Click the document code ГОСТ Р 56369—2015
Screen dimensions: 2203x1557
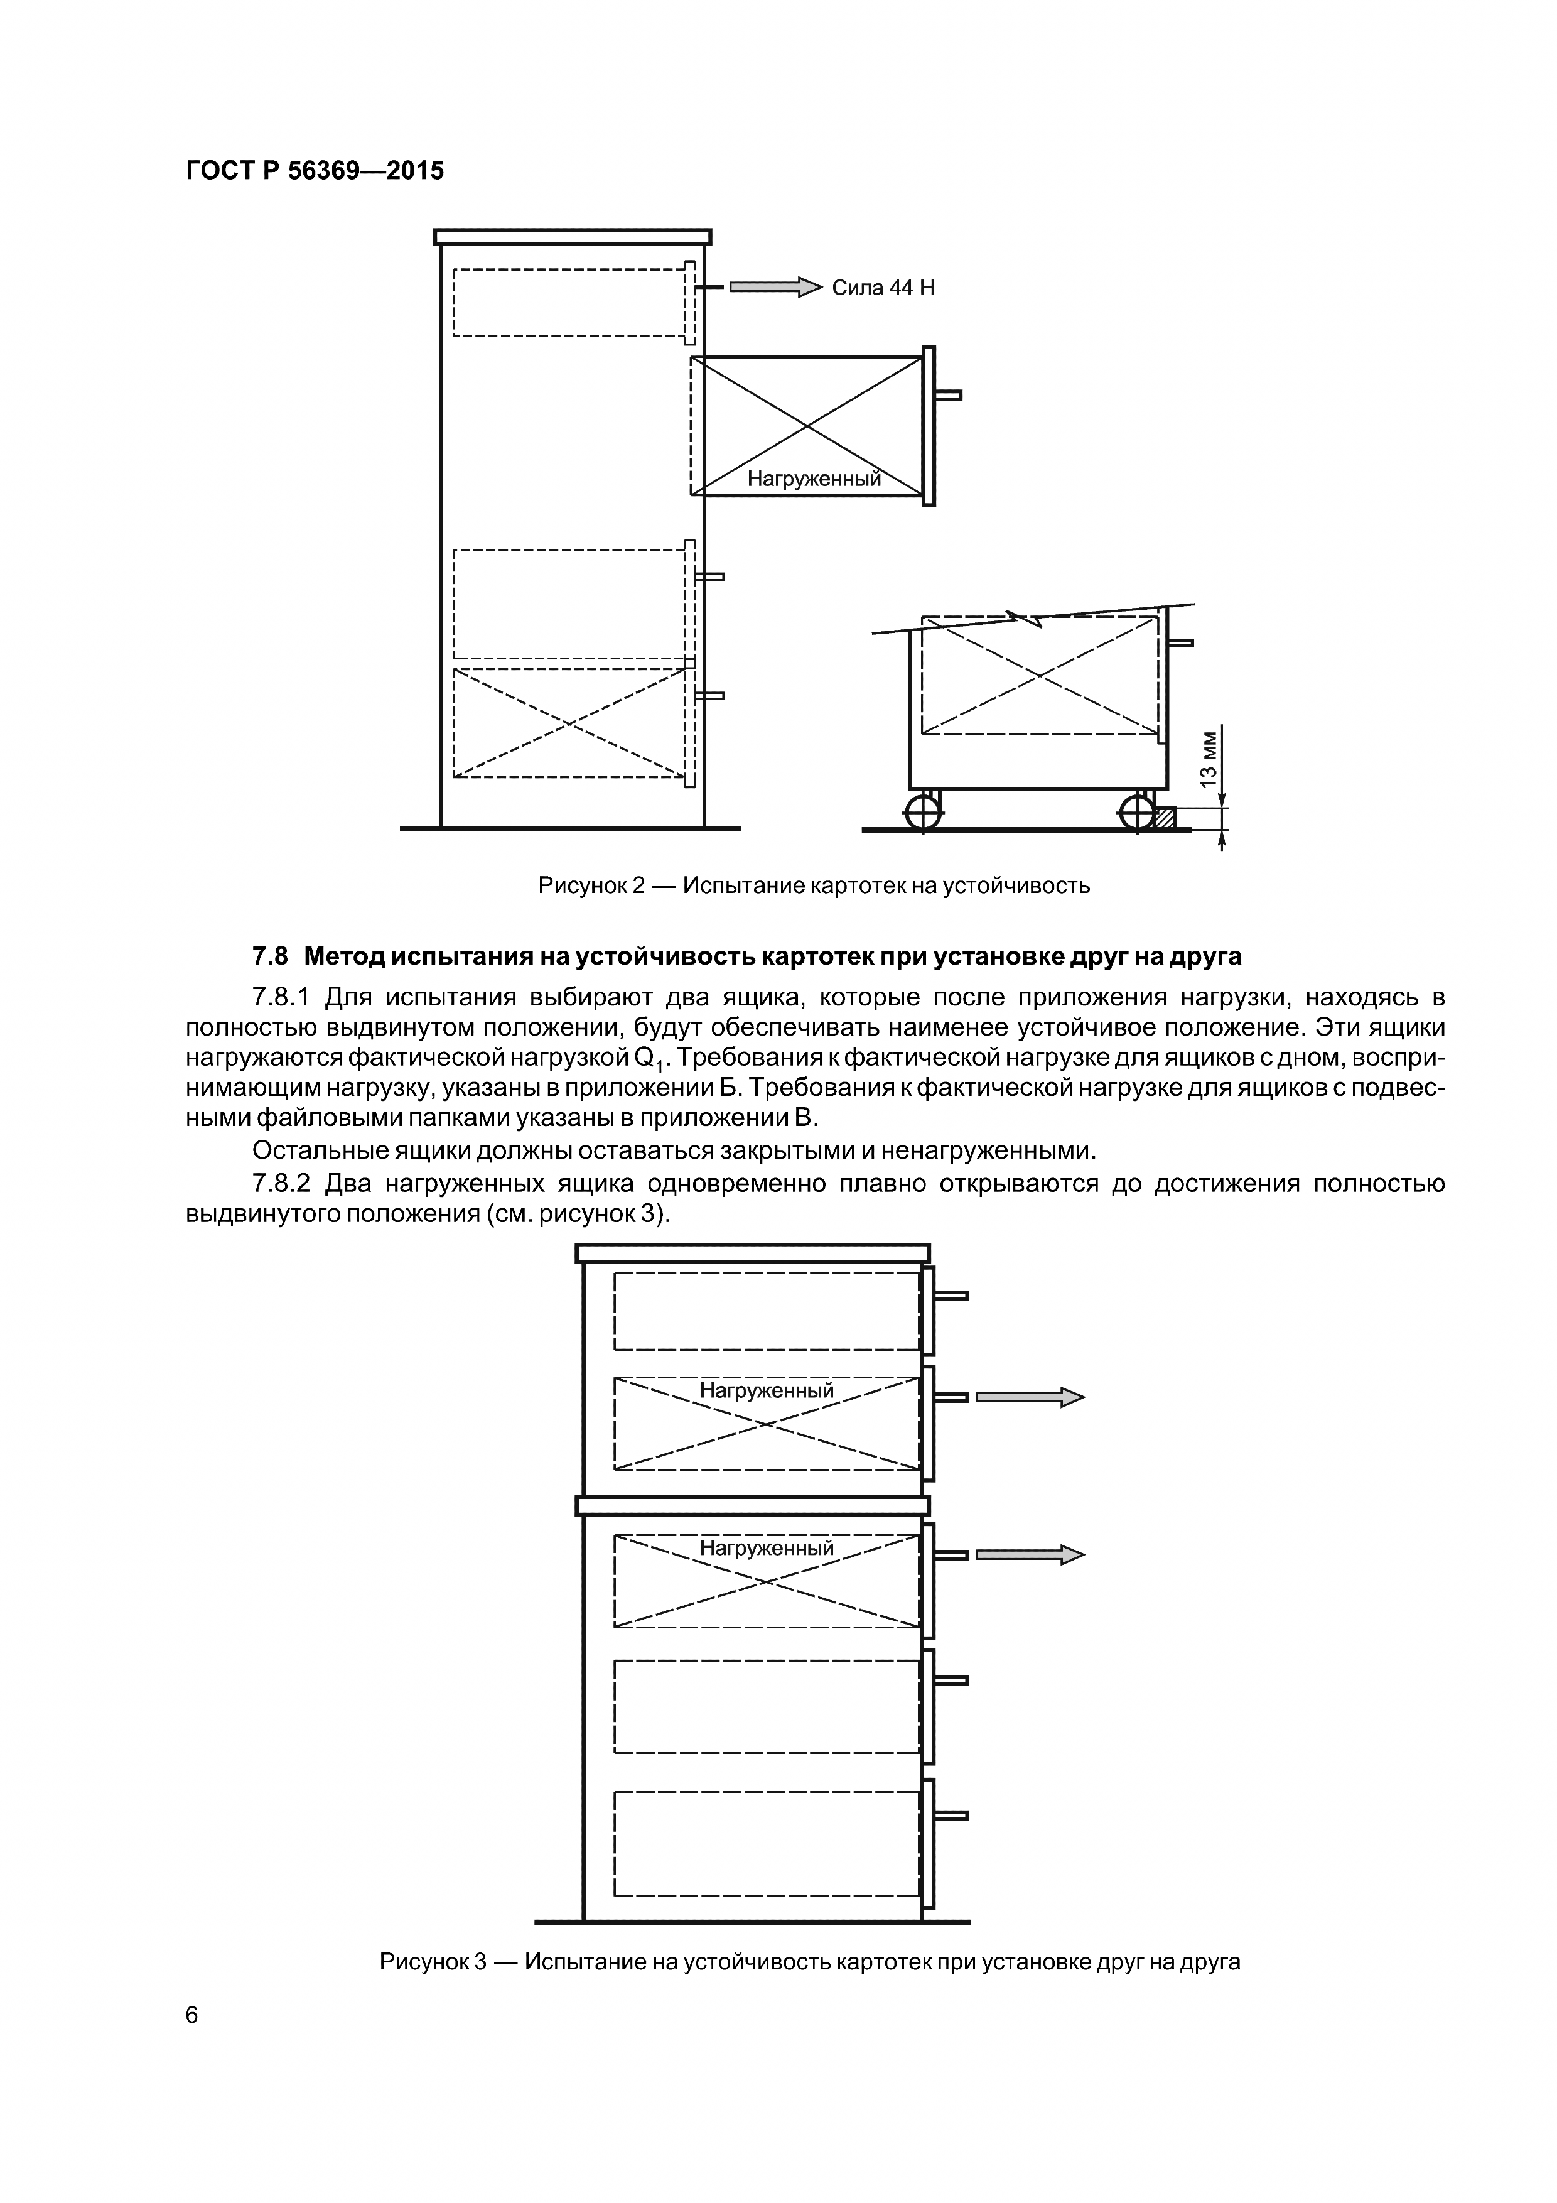pos(315,171)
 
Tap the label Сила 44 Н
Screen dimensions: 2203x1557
pos(883,288)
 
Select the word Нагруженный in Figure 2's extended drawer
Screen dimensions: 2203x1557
pos(814,479)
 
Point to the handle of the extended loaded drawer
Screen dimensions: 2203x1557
pos(948,395)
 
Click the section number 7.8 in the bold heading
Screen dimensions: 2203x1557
pos(269,956)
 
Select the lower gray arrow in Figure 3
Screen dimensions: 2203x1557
pos(1030,1554)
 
